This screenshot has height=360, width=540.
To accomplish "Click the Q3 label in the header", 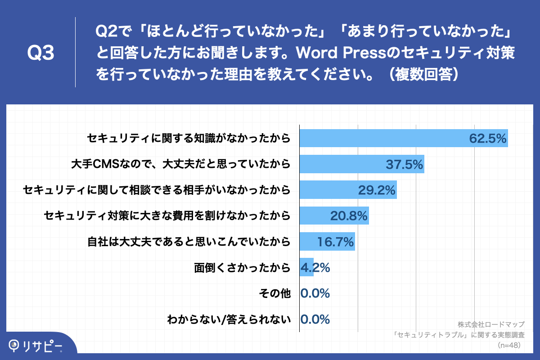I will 41,54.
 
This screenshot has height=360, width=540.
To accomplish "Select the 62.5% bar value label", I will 488,138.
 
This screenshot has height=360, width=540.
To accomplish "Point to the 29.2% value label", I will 377,190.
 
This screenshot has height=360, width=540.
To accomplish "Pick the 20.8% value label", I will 349,216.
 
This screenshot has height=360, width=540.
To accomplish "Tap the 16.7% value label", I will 335,242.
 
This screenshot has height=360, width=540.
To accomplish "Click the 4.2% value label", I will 315,268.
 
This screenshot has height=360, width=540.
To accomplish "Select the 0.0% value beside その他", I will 315,293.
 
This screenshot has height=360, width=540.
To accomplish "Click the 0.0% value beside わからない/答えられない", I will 315,319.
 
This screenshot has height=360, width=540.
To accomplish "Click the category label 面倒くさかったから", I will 242,268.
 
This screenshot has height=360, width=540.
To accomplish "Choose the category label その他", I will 274,294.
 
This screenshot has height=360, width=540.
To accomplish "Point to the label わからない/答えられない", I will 228,320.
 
